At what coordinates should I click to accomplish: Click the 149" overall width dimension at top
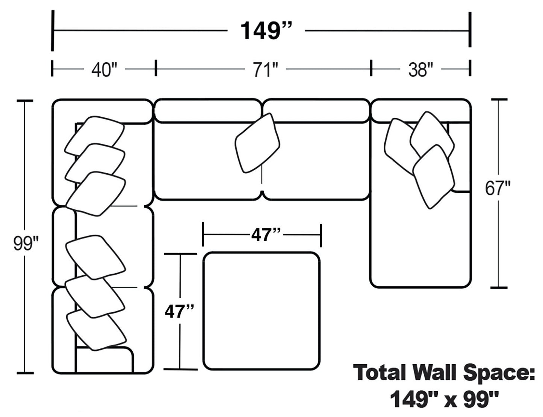click(x=265, y=30)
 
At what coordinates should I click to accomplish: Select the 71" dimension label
click(x=266, y=70)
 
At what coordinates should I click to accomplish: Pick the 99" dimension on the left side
click(x=26, y=244)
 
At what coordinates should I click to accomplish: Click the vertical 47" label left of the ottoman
click(x=179, y=311)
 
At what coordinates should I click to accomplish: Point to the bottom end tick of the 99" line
click(x=25, y=373)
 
